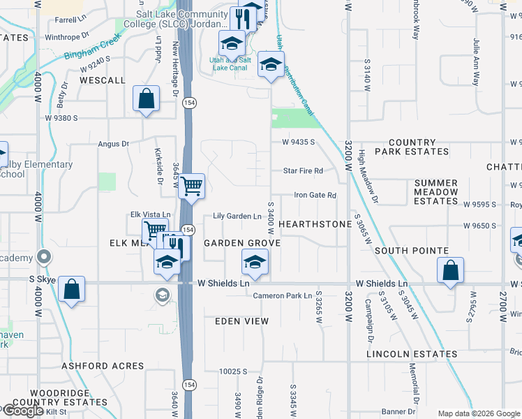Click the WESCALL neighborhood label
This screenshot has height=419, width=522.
(102, 80)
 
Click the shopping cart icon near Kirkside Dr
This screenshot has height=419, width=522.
(191, 186)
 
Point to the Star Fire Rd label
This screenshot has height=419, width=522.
(302, 170)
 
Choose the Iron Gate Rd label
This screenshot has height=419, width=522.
(315, 196)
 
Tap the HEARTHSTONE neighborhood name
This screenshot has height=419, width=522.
(315, 224)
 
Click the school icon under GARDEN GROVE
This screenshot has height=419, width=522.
(255, 263)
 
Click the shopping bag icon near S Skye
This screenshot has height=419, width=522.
(72, 289)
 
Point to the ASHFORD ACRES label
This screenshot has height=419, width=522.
(103, 366)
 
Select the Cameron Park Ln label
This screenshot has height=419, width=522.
(282, 295)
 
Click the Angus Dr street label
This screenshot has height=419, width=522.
(114, 144)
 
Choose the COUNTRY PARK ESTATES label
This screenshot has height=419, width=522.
(412, 147)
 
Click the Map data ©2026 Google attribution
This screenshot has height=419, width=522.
(478, 413)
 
